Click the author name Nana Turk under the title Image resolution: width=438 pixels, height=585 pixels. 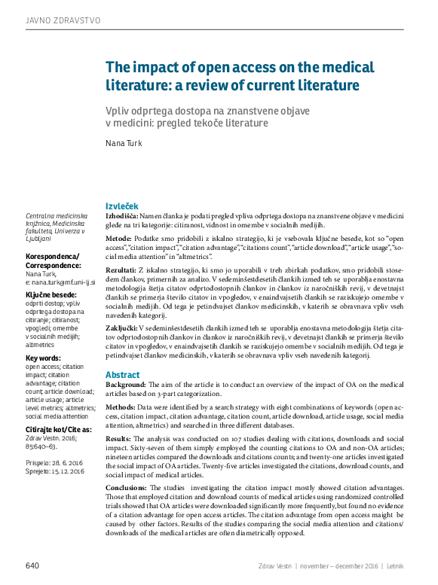point(123,143)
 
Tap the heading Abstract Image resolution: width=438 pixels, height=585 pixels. point(122,374)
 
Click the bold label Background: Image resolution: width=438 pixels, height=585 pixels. point(127,385)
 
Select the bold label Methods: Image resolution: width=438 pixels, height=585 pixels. point(123,407)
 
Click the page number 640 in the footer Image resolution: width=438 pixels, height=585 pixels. point(32,565)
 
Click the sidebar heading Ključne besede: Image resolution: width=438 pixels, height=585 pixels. point(51,294)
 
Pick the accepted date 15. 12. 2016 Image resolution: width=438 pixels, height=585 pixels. point(68,471)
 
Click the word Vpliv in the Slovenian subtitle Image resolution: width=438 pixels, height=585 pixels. point(117,111)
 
